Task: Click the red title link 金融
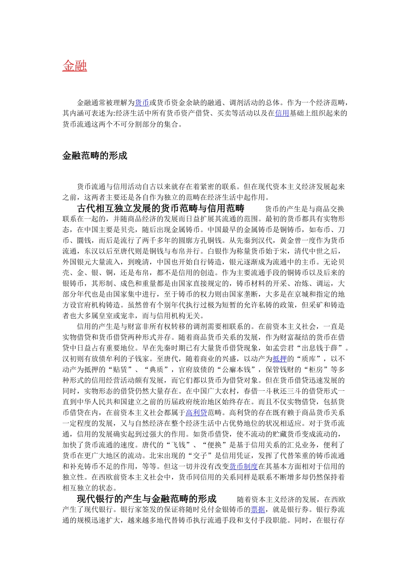pyautogui.click(x=75, y=66)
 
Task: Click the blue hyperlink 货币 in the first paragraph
pyautogui.click(x=142, y=103)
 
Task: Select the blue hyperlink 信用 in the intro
pyautogui.click(x=282, y=114)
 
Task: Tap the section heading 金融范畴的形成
pyautogui.click(x=95, y=156)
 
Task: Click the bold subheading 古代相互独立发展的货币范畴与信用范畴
pyautogui.click(x=161, y=208)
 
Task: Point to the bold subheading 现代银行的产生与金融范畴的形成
pyautogui.click(x=147, y=499)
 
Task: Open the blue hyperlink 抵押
pyautogui.click(x=279, y=359)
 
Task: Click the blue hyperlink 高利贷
pyautogui.click(x=196, y=413)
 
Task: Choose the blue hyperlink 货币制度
pyautogui.click(x=243, y=466)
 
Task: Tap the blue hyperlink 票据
pyautogui.click(x=258, y=510)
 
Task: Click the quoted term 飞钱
pyautogui.click(x=178, y=445)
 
